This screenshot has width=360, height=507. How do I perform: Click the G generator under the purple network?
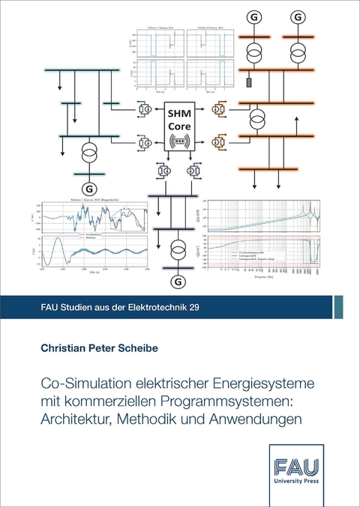coord(178,282)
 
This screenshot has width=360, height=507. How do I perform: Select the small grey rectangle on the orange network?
coord(247,82)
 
